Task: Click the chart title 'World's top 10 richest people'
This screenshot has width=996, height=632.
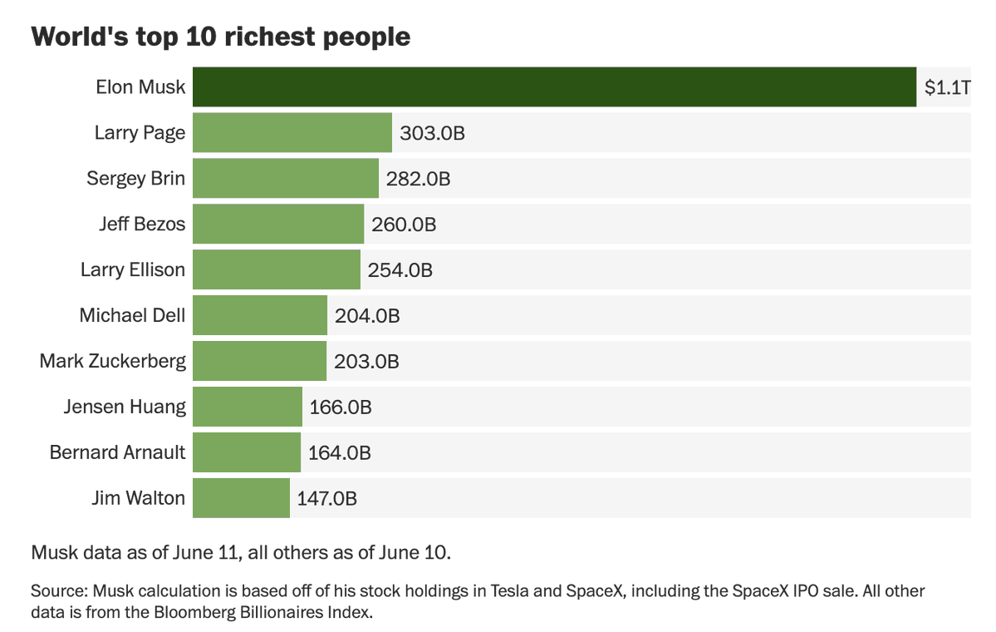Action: (x=220, y=37)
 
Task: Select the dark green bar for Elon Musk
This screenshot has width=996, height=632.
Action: (x=555, y=87)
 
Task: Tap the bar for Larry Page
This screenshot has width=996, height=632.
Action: (x=292, y=133)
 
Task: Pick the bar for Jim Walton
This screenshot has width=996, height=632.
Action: (x=242, y=498)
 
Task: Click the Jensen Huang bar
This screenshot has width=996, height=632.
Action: (x=248, y=407)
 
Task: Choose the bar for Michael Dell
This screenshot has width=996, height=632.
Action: (x=260, y=315)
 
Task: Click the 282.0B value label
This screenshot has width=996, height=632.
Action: (x=418, y=179)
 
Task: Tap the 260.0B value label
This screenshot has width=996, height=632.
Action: (x=404, y=225)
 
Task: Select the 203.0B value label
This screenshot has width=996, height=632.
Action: (x=366, y=361)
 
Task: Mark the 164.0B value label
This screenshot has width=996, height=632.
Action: (x=339, y=452)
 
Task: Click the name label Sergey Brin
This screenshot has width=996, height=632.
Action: (x=136, y=179)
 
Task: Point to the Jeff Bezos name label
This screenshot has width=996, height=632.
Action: (x=142, y=224)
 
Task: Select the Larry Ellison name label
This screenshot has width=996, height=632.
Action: (x=133, y=269)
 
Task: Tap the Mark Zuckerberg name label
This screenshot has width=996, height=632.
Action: (x=112, y=361)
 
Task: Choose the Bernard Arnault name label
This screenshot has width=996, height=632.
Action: (x=117, y=452)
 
